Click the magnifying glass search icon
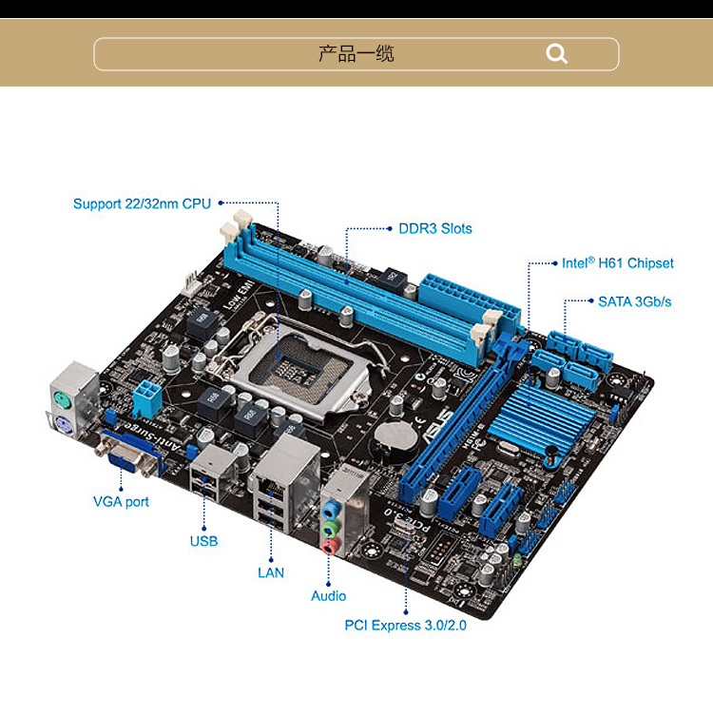tap(557, 54)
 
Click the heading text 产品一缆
tap(356, 54)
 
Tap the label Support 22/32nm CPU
tap(142, 203)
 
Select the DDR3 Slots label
tap(434, 229)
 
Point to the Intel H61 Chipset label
tap(617, 263)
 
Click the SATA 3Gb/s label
tap(634, 301)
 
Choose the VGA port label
tap(121, 501)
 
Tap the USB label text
tap(203, 541)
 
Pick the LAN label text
tap(271, 572)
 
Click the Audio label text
tap(329, 596)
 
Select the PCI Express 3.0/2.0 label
tap(406, 626)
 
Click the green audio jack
tap(329, 526)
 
